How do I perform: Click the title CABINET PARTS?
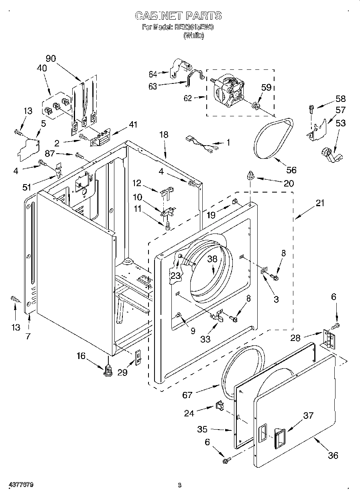178,16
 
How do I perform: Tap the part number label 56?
291,170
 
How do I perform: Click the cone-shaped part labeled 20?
251,175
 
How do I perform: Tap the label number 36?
333,455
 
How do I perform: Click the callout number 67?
187,395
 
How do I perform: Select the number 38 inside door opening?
212,259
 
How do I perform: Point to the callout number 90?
51,58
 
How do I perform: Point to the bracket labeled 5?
28,147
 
